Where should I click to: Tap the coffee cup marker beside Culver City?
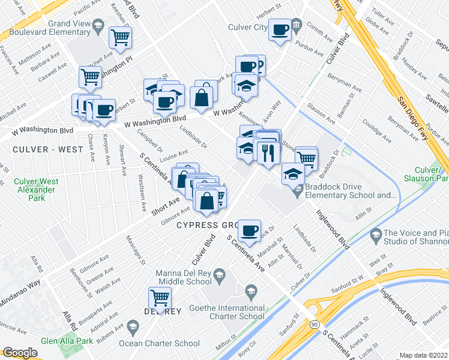[x=280, y=29]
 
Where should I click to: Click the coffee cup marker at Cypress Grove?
[x=249, y=230]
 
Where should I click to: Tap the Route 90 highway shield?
[x=315, y=324]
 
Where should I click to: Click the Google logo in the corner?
[x=20, y=353]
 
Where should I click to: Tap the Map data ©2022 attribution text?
[x=424, y=355]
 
